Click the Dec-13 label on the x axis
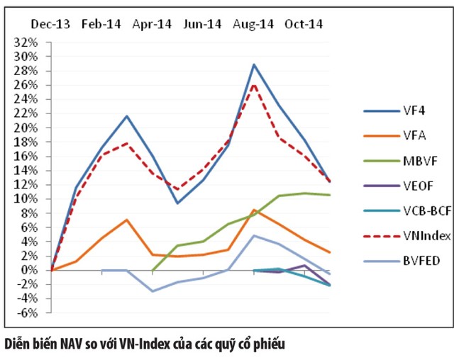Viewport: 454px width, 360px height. (50, 23)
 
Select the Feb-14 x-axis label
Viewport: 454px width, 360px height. (101, 23)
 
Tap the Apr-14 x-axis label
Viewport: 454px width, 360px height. (152, 23)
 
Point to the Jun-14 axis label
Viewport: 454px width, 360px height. (202, 23)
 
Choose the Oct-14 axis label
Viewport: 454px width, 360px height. (304, 23)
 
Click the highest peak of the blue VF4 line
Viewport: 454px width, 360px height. (254, 64)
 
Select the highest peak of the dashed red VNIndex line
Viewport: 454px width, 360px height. (254, 84)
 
